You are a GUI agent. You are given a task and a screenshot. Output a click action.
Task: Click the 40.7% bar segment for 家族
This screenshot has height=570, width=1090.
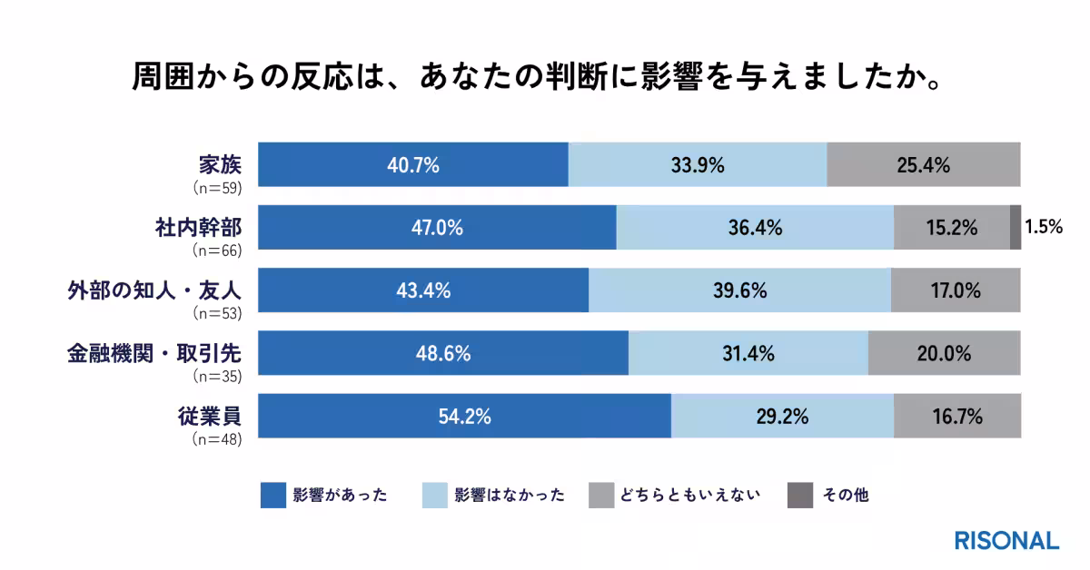pos(413,165)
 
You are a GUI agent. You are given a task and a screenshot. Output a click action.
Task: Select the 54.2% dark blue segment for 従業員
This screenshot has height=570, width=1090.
pos(464,417)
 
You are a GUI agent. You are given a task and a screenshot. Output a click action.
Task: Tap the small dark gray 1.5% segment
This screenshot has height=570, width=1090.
pos(1015,228)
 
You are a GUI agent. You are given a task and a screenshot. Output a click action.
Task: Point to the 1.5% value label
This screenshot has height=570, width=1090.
pos(1044,228)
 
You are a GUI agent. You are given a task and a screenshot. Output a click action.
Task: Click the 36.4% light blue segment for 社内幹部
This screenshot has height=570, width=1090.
pos(755,228)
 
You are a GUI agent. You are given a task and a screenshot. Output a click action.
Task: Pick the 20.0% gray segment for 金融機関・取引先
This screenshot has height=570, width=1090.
pos(944,354)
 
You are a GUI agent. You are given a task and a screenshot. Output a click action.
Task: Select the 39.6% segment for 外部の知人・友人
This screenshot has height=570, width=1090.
pos(739,291)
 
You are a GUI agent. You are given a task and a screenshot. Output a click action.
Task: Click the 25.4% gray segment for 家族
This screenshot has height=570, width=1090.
pos(924,165)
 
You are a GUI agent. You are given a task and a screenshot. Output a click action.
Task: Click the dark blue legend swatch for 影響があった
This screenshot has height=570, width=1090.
pos(273,496)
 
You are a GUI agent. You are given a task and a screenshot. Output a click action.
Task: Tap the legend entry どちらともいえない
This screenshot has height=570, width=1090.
pos(690,496)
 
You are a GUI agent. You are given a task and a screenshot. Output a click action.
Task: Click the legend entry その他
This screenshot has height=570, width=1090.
pos(845,496)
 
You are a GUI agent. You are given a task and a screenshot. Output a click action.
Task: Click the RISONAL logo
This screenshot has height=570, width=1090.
pos(1006,540)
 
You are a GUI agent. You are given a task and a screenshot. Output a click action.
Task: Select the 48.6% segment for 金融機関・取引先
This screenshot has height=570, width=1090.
pos(443,354)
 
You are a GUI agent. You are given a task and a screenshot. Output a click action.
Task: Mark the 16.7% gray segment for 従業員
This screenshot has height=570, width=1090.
pos(956,417)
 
